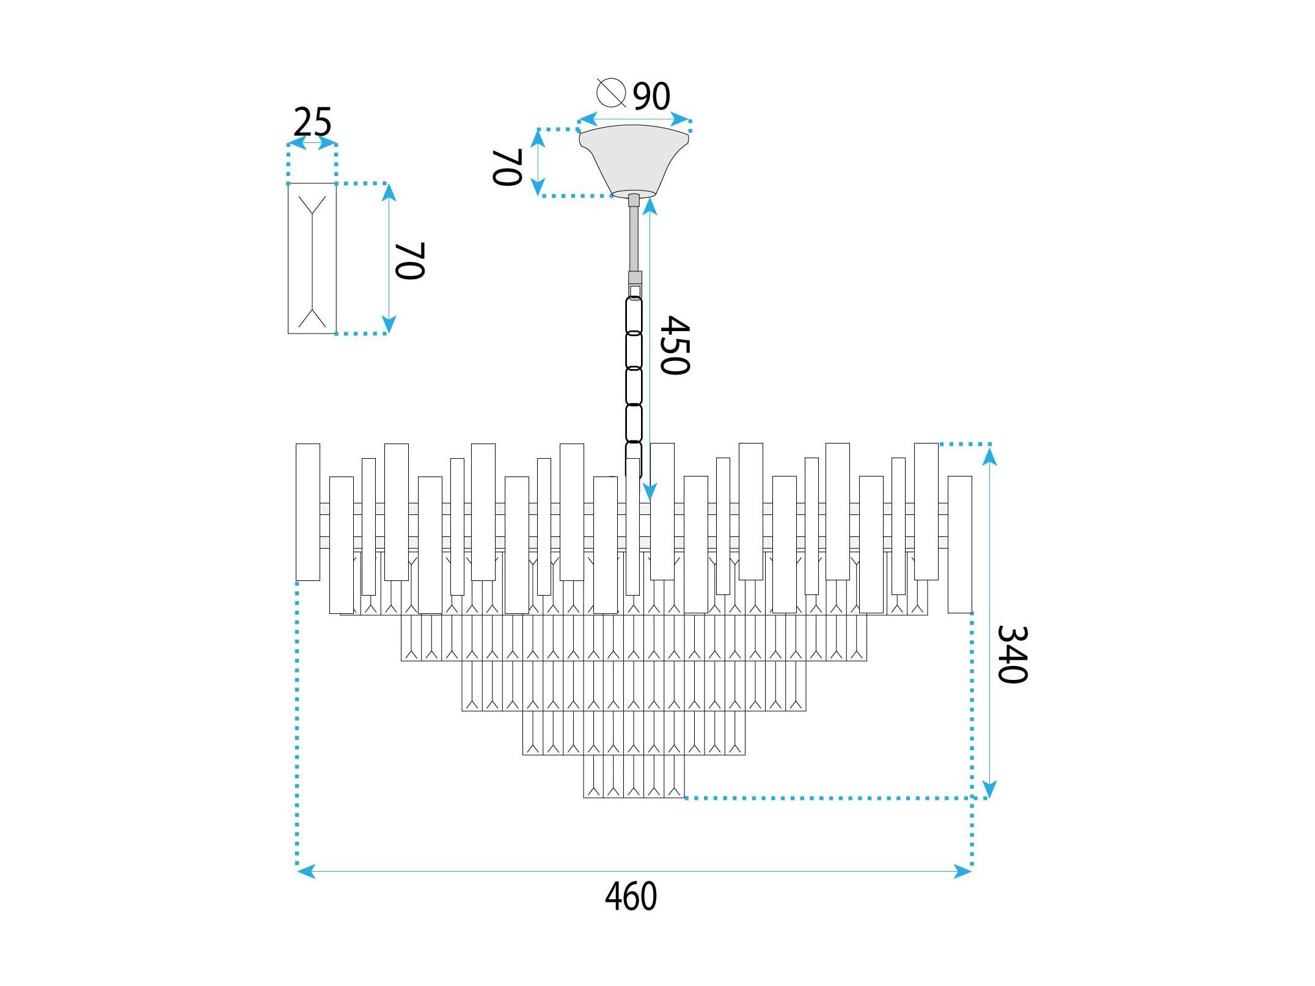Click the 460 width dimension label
(631, 896)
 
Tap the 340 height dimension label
(1013, 654)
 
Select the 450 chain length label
(675, 345)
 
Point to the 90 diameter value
(651, 97)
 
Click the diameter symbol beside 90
(611, 93)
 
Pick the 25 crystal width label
(312, 122)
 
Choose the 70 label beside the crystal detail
(409, 261)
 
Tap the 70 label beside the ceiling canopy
(507, 167)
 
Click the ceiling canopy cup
(634, 160)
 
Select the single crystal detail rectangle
(312, 258)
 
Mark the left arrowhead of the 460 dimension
(306, 871)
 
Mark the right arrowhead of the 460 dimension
(962, 871)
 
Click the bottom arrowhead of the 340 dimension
(989, 789)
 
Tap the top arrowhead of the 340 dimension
(989, 454)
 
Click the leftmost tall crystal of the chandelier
(308, 512)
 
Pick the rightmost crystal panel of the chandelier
(960, 544)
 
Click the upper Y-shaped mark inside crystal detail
(312, 205)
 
